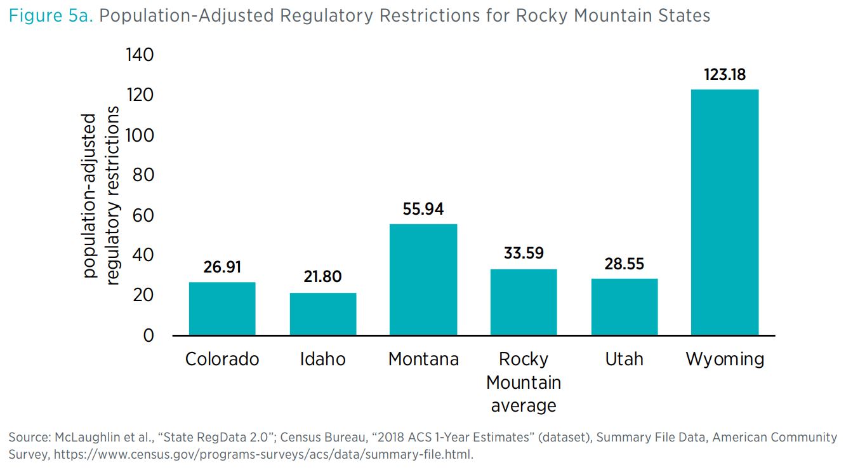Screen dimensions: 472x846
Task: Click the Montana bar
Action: pyautogui.click(x=423, y=280)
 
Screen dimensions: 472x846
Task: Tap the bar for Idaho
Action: pyautogui.click(x=323, y=314)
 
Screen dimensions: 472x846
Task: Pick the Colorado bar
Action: pyautogui.click(x=222, y=308)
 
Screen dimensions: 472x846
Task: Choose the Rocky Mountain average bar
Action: pyautogui.click(x=524, y=302)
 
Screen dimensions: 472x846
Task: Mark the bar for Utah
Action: pyautogui.click(x=624, y=306)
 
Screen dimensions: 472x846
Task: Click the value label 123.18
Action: pyautogui.click(x=725, y=75)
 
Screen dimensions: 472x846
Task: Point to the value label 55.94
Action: pyautogui.click(x=423, y=209)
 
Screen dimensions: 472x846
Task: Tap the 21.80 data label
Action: pyautogui.click(x=323, y=277)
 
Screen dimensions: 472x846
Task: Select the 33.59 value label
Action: pyautogui.click(x=524, y=253)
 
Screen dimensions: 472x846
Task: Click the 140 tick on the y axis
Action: pyautogui.click(x=140, y=55)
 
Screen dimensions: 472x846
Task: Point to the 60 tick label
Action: pyautogui.click(x=144, y=215)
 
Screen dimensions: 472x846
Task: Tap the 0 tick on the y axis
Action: pyautogui.click(x=149, y=335)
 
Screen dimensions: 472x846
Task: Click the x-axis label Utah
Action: pyautogui.click(x=624, y=359)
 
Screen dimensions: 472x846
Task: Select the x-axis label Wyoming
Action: pyautogui.click(x=725, y=360)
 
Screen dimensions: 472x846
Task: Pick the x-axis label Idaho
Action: pyautogui.click(x=323, y=359)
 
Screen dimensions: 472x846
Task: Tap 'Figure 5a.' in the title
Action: pyautogui.click(x=51, y=15)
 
